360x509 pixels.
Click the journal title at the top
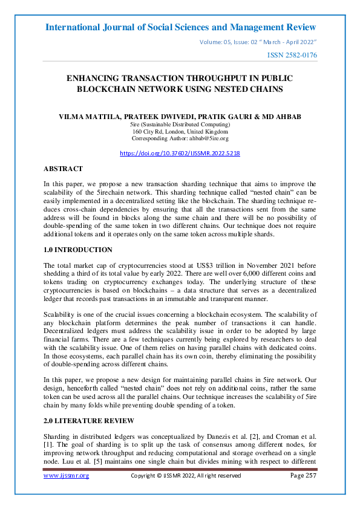tap(180, 27)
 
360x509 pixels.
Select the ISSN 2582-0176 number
tap(292, 56)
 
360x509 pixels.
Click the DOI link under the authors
tap(180, 154)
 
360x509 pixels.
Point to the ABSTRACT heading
tap(63, 169)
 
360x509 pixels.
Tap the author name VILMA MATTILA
tap(95, 115)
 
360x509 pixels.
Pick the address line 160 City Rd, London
tap(180, 131)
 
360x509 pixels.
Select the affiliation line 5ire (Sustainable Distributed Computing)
tap(180, 124)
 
